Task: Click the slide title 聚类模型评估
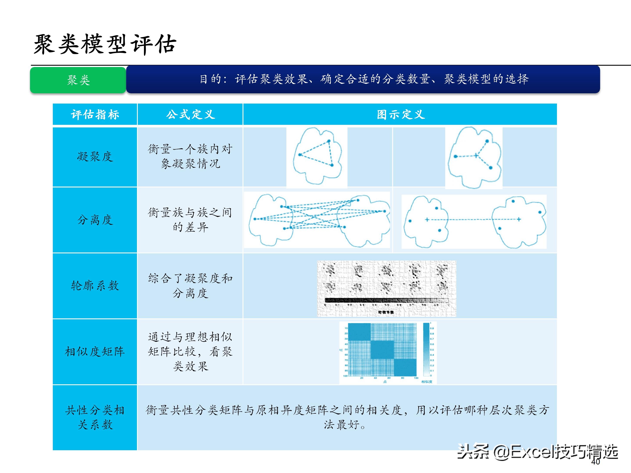coord(105,44)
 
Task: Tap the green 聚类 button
coord(78,80)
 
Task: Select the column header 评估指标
coord(95,115)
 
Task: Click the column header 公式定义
coord(190,115)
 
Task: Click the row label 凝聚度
coord(95,157)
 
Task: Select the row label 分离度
coord(95,220)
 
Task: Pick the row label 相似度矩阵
coord(95,351)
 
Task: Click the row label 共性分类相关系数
coord(95,417)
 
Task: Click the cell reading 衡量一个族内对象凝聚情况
coord(190,156)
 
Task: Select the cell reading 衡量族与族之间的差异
coord(190,220)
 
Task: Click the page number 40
coord(595,462)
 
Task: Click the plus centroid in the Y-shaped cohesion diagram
coord(476,156)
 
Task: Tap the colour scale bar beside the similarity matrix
coord(426,349)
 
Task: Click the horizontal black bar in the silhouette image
coord(386,300)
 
